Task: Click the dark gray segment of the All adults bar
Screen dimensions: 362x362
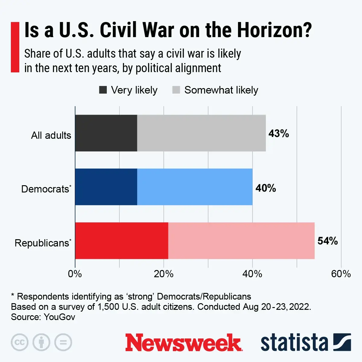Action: pos(106,133)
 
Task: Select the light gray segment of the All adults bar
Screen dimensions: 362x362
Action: pos(201,133)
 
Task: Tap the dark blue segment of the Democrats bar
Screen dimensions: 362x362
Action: pos(106,187)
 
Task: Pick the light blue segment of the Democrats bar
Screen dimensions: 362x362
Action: pos(195,187)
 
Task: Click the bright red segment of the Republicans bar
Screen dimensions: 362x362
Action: pos(121,241)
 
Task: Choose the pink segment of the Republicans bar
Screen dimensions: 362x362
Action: pos(241,241)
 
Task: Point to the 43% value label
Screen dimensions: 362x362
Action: pos(278,133)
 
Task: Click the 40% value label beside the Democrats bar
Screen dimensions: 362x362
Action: pos(265,188)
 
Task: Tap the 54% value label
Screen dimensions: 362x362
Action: pos(327,241)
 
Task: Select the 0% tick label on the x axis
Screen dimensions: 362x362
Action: pos(75,274)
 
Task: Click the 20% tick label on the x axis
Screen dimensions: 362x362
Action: pos(164,274)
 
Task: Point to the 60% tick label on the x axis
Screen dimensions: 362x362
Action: pos(341,274)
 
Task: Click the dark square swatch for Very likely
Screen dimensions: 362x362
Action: pos(103,90)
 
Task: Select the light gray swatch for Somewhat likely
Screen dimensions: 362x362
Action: pos(176,90)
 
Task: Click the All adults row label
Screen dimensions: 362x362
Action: pos(51,135)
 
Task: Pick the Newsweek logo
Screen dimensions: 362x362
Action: pos(183,343)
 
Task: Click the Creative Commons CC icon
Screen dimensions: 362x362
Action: pos(20,342)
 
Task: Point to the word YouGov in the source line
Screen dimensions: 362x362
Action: pos(59,317)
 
